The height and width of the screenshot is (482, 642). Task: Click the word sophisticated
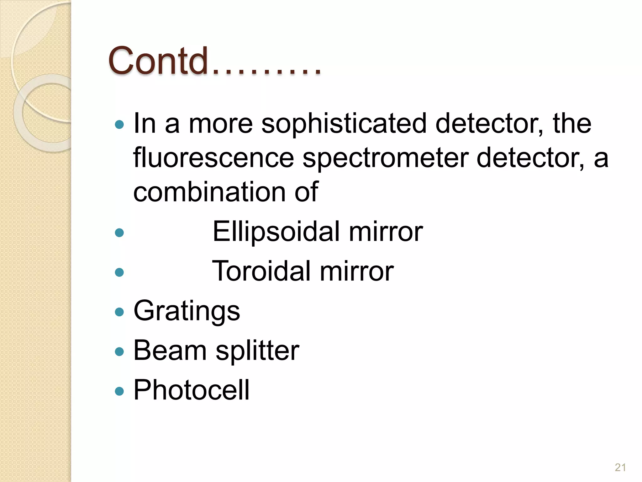coord(344,124)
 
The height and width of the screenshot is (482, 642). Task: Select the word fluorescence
coord(213,158)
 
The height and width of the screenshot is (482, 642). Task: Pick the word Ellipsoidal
coord(276,232)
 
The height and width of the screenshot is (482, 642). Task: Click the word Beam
coord(170,350)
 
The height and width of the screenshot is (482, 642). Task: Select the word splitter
coord(257,351)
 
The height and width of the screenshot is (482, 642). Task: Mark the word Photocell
coord(192,390)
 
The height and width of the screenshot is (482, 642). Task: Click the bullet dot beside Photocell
coord(119,391)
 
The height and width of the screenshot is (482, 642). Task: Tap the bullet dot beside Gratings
coord(119,312)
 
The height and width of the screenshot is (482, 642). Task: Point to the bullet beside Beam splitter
coord(119,351)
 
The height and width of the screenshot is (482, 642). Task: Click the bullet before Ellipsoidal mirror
coord(119,233)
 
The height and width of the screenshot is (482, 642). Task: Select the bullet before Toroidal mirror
coord(119,272)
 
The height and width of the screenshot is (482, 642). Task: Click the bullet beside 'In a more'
coord(119,125)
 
